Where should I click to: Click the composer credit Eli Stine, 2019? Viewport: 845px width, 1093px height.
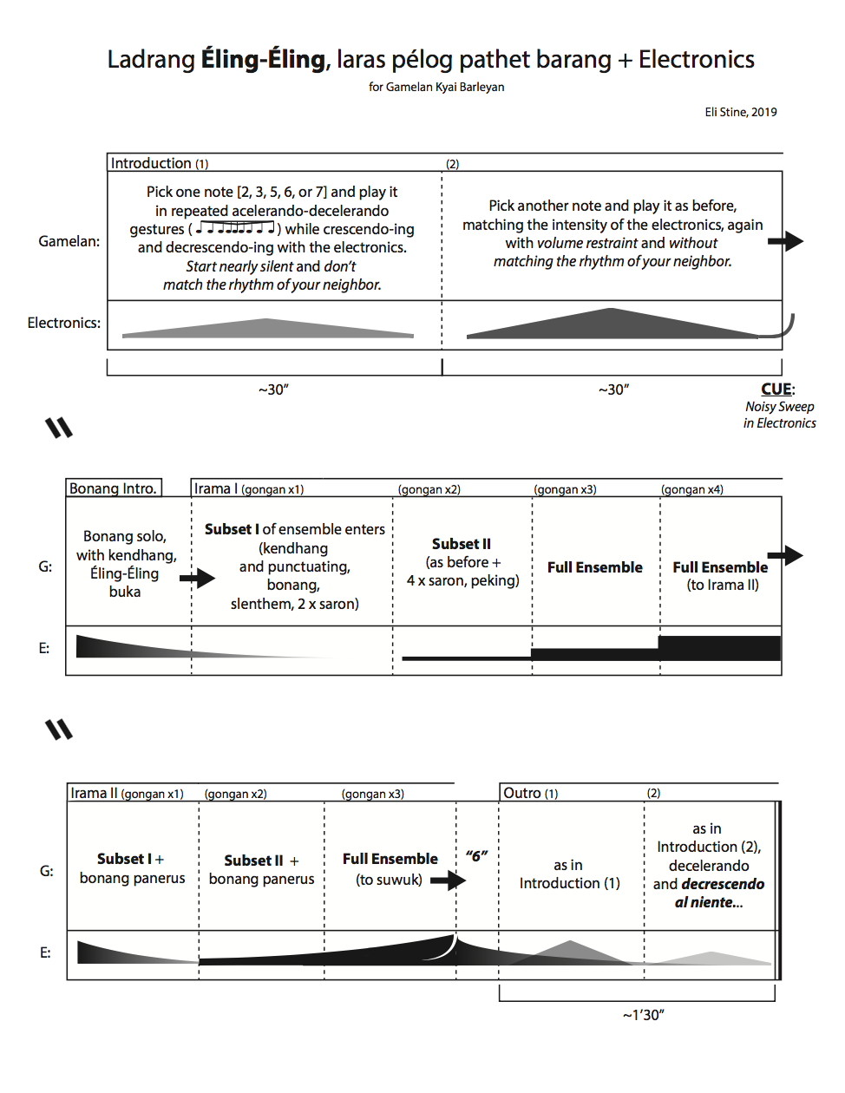click(740, 112)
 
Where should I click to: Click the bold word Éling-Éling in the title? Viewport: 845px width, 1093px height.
click(264, 60)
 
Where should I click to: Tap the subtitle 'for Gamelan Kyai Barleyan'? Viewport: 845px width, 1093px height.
click(436, 87)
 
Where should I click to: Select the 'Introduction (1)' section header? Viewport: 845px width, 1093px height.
click(160, 163)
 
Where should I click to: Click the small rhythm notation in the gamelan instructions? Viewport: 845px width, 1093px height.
click(235, 228)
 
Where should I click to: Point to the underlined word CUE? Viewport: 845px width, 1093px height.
click(776, 389)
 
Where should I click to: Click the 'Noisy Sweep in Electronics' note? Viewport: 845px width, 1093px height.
click(779, 415)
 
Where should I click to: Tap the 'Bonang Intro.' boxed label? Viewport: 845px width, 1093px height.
click(114, 488)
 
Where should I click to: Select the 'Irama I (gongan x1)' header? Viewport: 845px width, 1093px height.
click(248, 489)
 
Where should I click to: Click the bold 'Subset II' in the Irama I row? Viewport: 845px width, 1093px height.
click(462, 544)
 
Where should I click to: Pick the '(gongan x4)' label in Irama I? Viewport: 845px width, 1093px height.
click(691, 489)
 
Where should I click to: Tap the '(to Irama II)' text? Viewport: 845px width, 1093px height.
click(723, 585)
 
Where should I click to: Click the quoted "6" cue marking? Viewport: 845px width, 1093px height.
click(476, 856)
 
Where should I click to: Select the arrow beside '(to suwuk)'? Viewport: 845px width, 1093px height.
click(448, 880)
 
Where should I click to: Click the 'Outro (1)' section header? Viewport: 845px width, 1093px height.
click(530, 793)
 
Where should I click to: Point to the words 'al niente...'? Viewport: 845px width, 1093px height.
click(709, 902)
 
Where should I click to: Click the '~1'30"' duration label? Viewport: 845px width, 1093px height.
click(643, 1015)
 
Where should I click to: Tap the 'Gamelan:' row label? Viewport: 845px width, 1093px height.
click(69, 241)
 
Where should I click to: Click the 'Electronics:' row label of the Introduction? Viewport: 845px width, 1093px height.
click(63, 323)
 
